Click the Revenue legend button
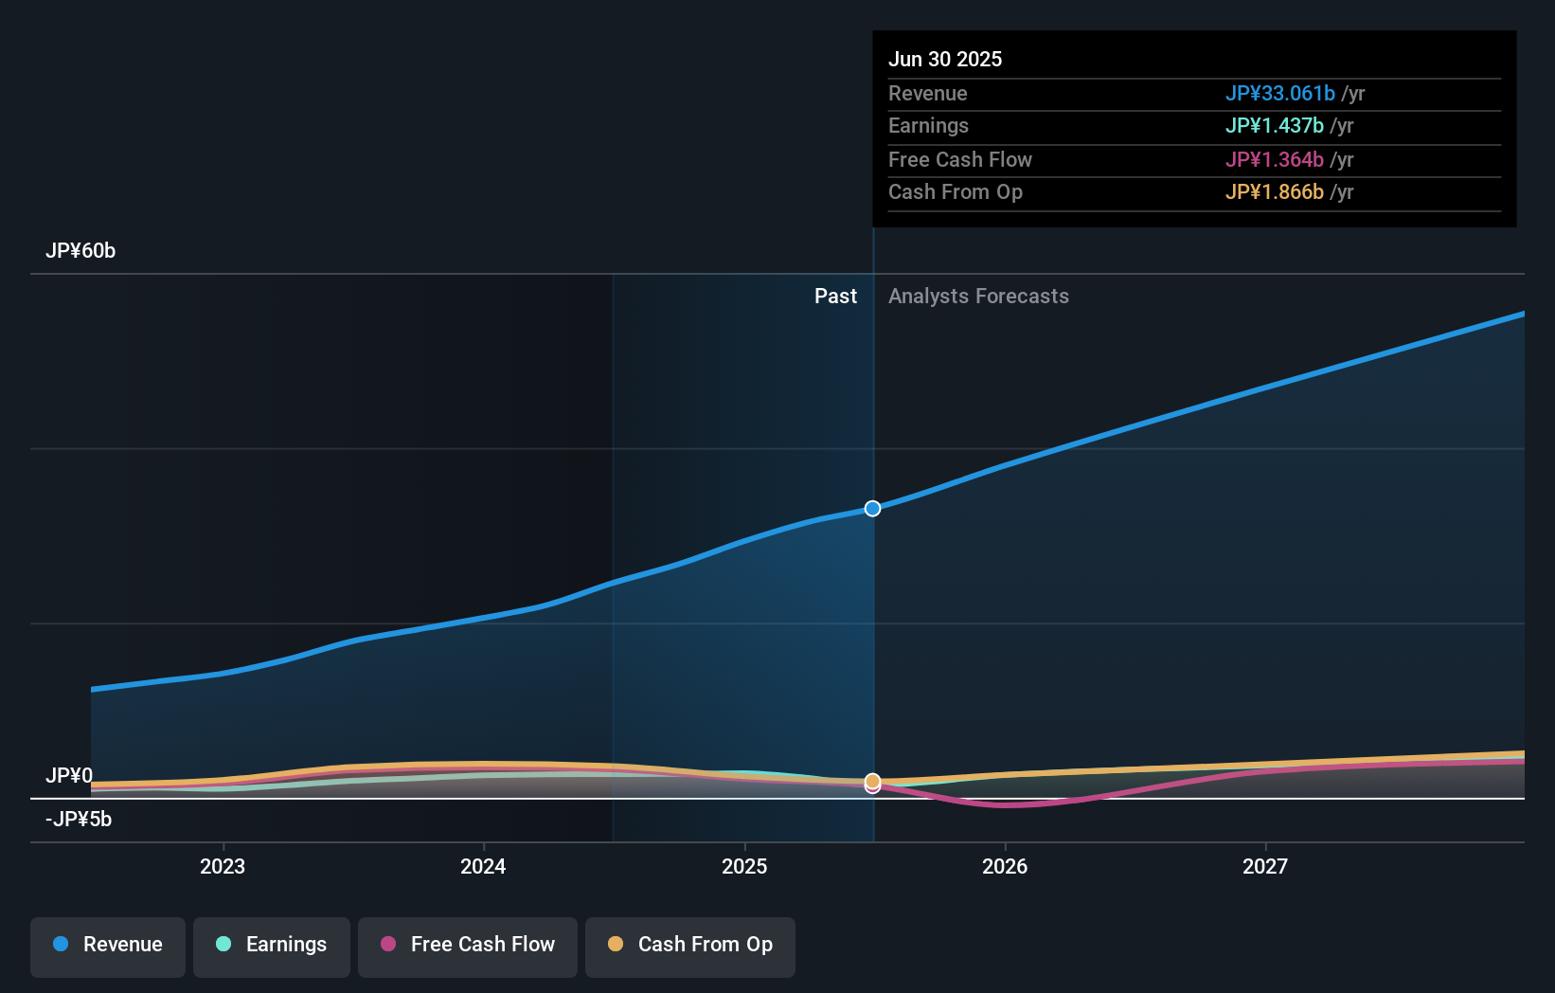tap(108, 945)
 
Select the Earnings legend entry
tap(272, 945)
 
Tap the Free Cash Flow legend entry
tap(468, 945)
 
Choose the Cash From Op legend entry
tap(690, 945)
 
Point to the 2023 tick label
tap(223, 866)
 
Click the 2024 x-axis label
tap(483, 866)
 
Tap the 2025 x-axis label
tap(744, 866)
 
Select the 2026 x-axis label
tap(1005, 866)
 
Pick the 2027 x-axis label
tap(1265, 866)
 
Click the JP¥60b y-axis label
tap(80, 251)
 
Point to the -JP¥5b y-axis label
tap(79, 820)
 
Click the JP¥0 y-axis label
tap(69, 776)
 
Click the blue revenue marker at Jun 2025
tap(872, 509)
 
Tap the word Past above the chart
tap(835, 297)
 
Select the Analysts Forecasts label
tap(978, 297)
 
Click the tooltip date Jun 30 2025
tap(945, 59)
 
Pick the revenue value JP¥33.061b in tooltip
tap(1279, 94)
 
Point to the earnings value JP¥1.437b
tap(1274, 126)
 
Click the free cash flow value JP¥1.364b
tap(1274, 160)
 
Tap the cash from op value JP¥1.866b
tap(1274, 192)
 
